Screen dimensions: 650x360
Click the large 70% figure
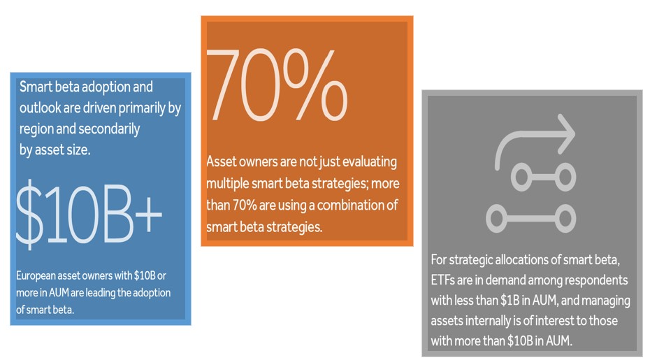276,85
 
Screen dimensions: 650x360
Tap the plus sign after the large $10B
148,215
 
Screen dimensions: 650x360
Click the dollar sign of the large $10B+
29,215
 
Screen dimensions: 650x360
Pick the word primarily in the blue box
142,108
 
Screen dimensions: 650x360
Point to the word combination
352,206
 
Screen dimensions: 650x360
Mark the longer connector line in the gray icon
531,218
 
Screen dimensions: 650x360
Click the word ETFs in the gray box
442,280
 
